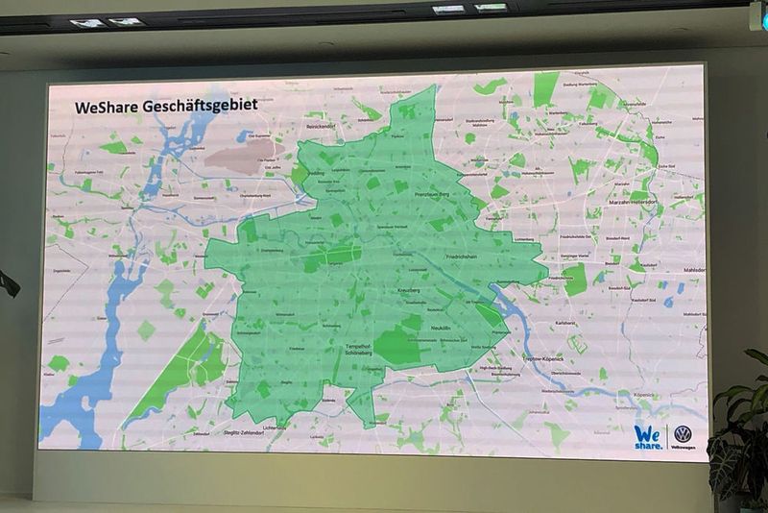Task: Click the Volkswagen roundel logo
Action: coord(683,433)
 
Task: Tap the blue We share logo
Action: coord(649,437)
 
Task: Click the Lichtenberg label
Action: coord(523,238)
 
